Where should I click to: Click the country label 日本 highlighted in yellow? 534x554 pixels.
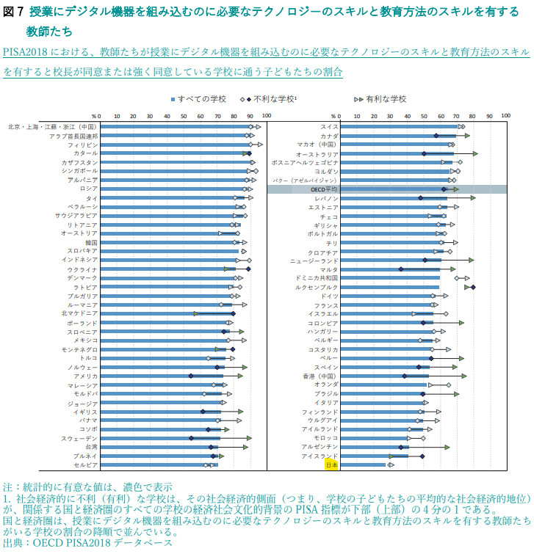click(x=331, y=464)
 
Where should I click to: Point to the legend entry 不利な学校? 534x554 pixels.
click(x=275, y=99)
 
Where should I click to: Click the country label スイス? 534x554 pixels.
click(x=329, y=127)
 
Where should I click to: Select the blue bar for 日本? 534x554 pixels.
click(x=363, y=464)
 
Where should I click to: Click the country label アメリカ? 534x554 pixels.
click(x=85, y=376)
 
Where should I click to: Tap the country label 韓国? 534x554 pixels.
click(x=91, y=242)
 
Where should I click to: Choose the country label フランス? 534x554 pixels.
click(x=326, y=305)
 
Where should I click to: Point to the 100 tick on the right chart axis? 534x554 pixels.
click(x=503, y=116)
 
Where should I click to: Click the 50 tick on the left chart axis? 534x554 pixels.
click(x=183, y=116)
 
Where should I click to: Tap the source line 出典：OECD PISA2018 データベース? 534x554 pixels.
click(x=88, y=543)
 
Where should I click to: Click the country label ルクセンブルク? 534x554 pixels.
click(x=317, y=287)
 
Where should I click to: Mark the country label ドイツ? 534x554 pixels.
click(x=329, y=296)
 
